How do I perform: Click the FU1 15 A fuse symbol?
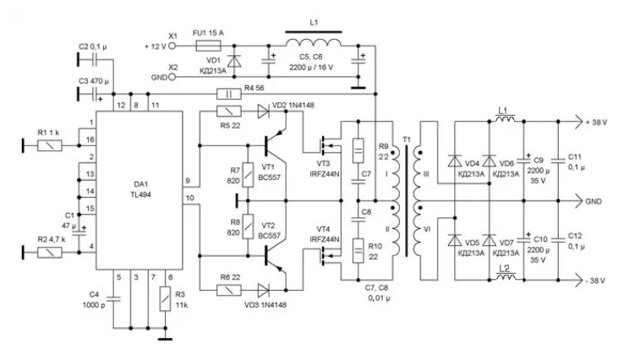[209, 46]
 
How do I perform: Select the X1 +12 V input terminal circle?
[172, 46]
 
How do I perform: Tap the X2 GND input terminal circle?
[172, 77]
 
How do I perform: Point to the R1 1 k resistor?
[50, 145]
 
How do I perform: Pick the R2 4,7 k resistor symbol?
[50, 252]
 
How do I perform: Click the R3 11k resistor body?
[165, 299]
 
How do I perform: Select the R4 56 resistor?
[229, 94]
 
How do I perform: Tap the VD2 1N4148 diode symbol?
[264, 112]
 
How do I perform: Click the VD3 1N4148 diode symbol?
[264, 291]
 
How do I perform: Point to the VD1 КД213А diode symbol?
[233, 61]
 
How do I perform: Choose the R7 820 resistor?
[249, 175]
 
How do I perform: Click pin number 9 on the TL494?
[188, 181]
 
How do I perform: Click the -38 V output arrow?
[577, 280]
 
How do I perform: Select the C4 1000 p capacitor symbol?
[113, 299]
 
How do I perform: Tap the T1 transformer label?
[407, 139]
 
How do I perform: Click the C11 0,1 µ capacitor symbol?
[558, 161]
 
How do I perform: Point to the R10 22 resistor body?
[359, 251]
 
